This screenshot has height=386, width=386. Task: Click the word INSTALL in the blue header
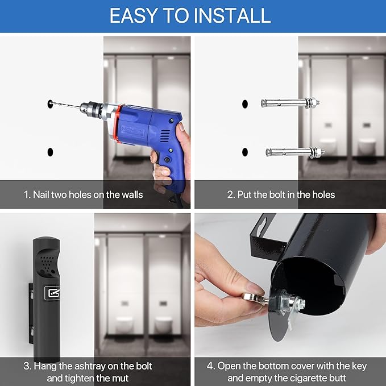[x=233, y=15]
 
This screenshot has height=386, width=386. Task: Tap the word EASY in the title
[x=134, y=15]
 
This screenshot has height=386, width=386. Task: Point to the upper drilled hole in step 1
[x=50, y=103]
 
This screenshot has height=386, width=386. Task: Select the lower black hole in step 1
[x=50, y=152]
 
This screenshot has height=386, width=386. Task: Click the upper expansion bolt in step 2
[x=290, y=102]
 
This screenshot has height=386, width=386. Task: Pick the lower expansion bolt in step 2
[x=295, y=152]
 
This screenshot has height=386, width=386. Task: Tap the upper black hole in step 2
[x=244, y=104]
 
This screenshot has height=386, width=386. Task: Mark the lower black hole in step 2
[x=244, y=152]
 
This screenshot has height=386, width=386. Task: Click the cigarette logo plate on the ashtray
[x=52, y=293]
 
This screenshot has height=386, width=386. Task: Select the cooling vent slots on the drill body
[x=165, y=136]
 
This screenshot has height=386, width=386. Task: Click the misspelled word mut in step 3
[x=121, y=378]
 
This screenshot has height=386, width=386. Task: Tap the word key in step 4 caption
[x=359, y=366]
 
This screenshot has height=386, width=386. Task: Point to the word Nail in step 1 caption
[x=40, y=195]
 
